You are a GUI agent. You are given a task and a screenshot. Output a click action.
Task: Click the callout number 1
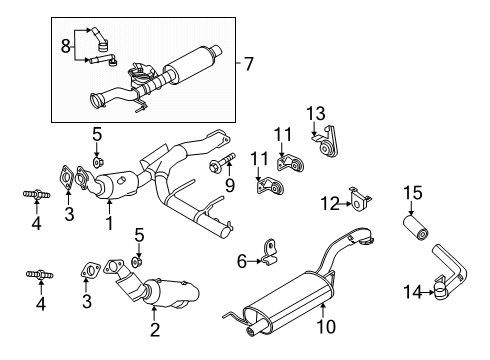click(108, 222)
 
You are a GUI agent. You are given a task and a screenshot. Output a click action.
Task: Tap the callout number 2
click(155, 328)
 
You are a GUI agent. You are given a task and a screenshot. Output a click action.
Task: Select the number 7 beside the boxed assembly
click(248, 64)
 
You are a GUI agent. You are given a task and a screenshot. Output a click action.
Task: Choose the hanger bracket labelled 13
click(324, 145)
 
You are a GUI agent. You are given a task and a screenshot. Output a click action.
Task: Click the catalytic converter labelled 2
click(165, 295)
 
